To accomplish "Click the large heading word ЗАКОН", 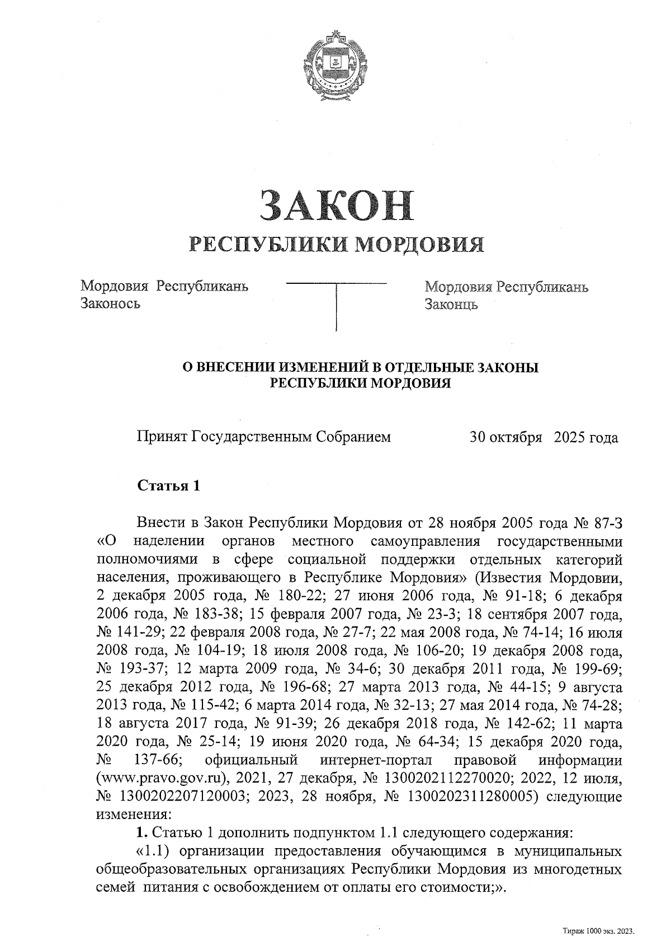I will coord(335,205).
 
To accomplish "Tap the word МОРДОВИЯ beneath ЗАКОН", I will coord(420,244).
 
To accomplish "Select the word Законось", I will coord(110,304).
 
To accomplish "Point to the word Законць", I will coord(451,305).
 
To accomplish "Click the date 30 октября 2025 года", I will coord(544,437).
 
